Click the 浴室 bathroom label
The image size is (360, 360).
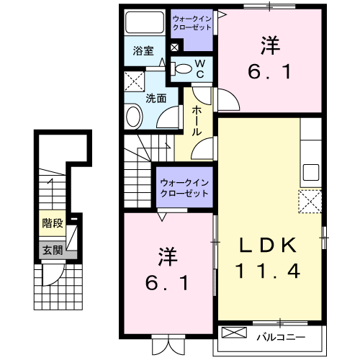pyautogui.click(x=143, y=51)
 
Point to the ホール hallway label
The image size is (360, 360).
pyautogui.click(x=196, y=122)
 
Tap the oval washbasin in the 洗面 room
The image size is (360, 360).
pyautogui.click(x=134, y=117)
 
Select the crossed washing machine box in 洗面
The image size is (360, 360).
pyautogui.click(x=134, y=79)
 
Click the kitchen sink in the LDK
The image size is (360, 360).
pyautogui.click(x=311, y=174)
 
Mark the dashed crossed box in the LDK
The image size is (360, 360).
pyautogui.click(x=310, y=201)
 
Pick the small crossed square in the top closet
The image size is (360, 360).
pyautogui.click(x=174, y=48)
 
